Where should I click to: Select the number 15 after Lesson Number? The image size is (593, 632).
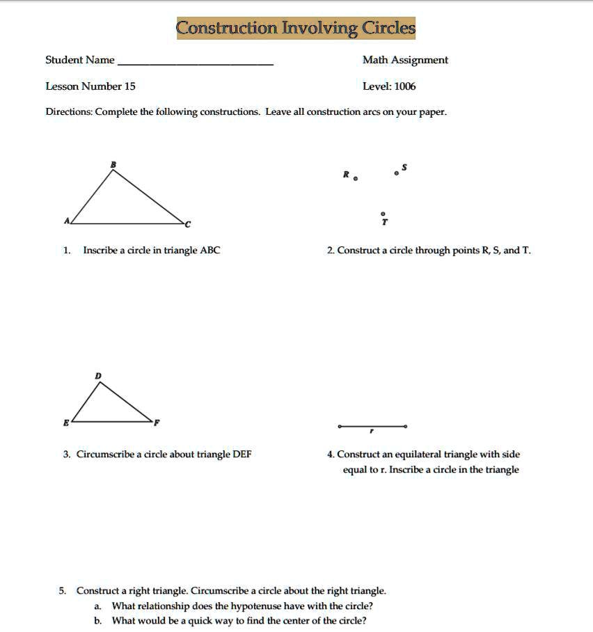click(129, 86)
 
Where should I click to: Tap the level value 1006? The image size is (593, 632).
click(404, 86)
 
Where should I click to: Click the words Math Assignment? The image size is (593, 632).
click(405, 60)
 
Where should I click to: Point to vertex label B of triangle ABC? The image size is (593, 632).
click(114, 164)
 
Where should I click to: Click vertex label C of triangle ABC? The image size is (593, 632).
click(187, 223)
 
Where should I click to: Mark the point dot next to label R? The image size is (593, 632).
click(356, 179)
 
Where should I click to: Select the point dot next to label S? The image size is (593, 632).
click(397, 173)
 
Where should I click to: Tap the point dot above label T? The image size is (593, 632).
click(382, 214)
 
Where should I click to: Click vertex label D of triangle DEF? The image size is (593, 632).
click(98, 375)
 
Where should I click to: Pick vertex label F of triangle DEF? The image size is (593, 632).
click(157, 422)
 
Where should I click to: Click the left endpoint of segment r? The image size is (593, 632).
click(339, 426)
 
